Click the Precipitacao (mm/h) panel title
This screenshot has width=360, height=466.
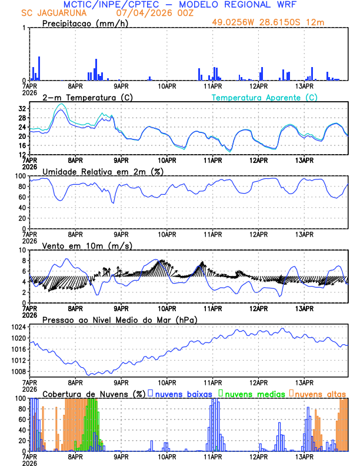point(84,23)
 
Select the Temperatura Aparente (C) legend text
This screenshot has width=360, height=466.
point(264,97)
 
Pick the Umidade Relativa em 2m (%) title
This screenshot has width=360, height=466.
point(102,171)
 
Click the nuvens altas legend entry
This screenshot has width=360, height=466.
point(319,394)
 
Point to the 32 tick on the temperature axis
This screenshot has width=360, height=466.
point(22,109)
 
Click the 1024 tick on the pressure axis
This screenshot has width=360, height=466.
point(19,327)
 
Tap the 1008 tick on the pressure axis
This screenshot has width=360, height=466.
point(19,371)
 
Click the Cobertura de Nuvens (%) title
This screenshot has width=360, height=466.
point(94,394)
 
